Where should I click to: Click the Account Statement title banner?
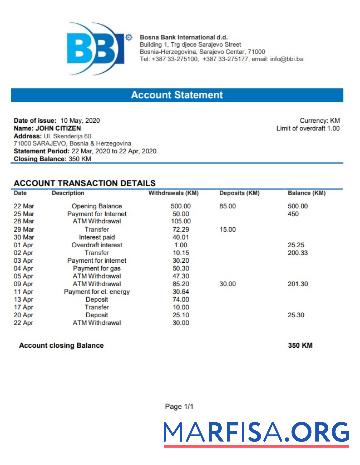click(x=180, y=95)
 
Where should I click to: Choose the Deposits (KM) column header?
click(x=240, y=192)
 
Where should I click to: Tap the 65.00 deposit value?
click(x=228, y=205)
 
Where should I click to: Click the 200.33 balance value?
click(x=297, y=253)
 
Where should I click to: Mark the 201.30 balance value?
click(x=297, y=284)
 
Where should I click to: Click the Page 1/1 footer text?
click(x=180, y=407)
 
